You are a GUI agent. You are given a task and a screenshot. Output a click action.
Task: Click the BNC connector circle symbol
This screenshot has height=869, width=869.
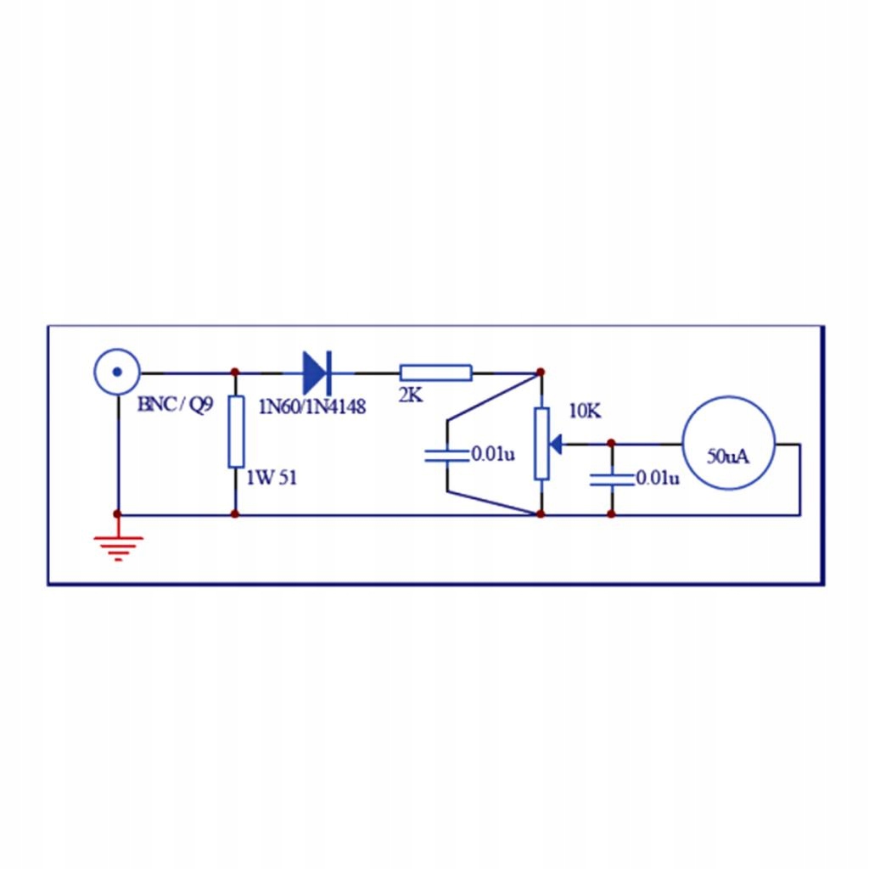tap(117, 372)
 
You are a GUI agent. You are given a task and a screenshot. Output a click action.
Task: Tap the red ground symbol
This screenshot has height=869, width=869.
tap(118, 547)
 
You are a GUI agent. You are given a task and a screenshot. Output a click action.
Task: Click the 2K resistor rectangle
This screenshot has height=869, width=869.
tap(435, 373)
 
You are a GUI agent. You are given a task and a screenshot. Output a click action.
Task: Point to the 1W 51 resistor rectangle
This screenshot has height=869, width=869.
tap(236, 431)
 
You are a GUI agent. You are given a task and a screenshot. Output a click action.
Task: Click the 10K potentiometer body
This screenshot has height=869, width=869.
tap(541, 443)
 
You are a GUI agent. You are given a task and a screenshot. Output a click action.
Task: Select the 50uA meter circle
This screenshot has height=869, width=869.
tap(729, 444)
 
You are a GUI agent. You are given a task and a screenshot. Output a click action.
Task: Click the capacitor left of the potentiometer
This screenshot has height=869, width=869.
tap(447, 454)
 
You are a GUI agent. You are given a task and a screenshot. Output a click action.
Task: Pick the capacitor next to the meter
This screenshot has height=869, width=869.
tap(611, 479)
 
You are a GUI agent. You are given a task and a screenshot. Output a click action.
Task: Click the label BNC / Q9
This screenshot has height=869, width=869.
tap(177, 405)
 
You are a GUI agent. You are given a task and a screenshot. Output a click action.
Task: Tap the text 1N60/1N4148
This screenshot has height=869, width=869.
tap(311, 407)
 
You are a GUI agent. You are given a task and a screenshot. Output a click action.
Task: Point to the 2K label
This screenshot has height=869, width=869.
tap(410, 395)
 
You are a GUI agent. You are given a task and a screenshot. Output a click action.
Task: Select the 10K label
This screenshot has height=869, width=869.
tap(585, 412)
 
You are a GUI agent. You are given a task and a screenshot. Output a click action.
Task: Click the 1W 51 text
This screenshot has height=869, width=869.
tap(272, 478)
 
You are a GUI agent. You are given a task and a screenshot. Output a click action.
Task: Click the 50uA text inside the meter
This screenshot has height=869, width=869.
tap(729, 456)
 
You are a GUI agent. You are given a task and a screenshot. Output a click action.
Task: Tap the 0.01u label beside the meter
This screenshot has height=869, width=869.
tap(658, 479)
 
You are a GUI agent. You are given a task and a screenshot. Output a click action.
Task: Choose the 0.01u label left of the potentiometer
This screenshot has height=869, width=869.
tap(493, 454)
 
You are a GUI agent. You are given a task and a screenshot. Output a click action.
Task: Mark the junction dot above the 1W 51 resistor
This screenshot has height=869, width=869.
tap(235, 372)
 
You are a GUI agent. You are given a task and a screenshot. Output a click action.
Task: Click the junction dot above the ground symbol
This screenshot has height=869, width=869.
tap(117, 514)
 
